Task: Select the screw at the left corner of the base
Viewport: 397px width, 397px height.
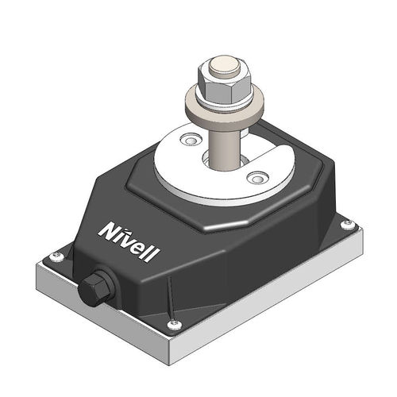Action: point(55,256)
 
